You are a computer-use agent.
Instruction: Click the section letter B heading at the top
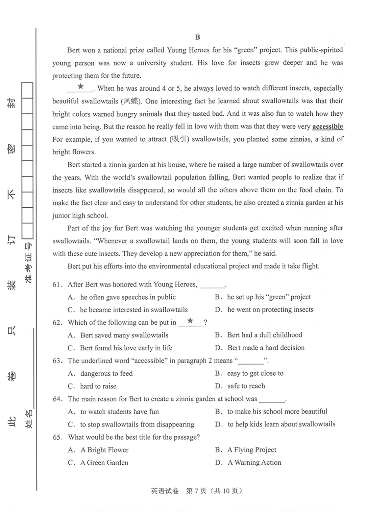pyautogui.click(x=198, y=37)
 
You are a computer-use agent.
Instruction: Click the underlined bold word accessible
pyautogui.click(x=327, y=126)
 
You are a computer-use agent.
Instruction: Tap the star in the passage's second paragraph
pyautogui.click(x=80, y=87)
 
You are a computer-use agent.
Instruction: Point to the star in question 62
pyautogui.click(x=191, y=321)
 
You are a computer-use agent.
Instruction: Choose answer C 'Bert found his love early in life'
pyautogui.click(x=126, y=348)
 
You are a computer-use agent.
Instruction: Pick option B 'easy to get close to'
pyautogui.click(x=255, y=373)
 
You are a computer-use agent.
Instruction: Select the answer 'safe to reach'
pyautogui.click(x=246, y=386)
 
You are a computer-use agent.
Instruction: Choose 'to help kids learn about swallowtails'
pyautogui.click(x=281, y=424)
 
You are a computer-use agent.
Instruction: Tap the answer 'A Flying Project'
pyautogui.click(x=251, y=450)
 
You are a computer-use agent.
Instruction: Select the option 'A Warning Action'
pyautogui.click(x=254, y=462)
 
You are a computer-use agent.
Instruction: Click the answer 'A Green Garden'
pyautogui.click(x=104, y=463)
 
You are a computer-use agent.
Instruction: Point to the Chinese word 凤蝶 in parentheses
pyautogui.click(x=131, y=101)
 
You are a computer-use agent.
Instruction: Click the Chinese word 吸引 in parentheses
pyautogui.click(x=179, y=139)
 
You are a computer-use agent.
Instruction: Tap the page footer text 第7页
pyautogui.click(x=196, y=491)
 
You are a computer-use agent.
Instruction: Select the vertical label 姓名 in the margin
pyautogui.click(x=29, y=419)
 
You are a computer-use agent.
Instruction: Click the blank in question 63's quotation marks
pyautogui.click(x=251, y=361)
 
